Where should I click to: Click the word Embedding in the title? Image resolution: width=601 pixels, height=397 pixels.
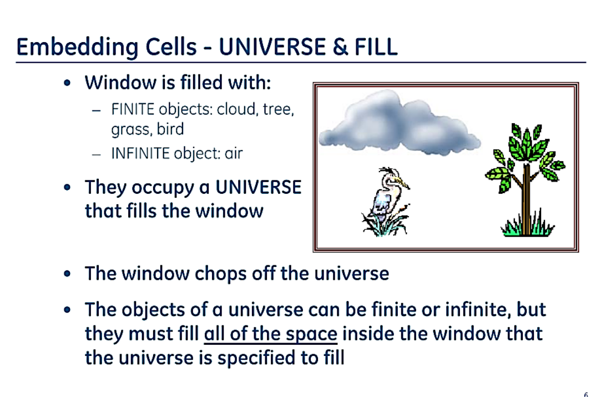coord(77,48)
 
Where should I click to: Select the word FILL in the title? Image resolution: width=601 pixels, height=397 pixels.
coord(376,47)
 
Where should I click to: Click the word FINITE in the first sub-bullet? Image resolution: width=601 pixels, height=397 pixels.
coord(133,109)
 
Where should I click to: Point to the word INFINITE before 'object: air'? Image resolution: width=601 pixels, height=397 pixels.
coord(140,153)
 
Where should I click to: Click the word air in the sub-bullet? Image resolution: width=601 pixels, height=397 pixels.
coord(234,154)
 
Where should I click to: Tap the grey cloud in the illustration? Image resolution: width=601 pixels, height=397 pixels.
coord(398,123)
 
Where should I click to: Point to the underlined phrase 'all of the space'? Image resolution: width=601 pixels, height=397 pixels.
coord(271,334)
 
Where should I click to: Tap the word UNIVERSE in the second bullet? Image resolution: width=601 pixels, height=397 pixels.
coord(259,188)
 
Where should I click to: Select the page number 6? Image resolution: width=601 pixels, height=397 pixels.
coord(585,394)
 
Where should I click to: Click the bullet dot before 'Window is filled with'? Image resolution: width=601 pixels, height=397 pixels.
coord(68,83)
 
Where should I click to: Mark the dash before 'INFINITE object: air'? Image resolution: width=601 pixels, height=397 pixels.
coord(97,154)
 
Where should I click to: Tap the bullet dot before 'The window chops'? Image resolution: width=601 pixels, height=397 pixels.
coord(68,274)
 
